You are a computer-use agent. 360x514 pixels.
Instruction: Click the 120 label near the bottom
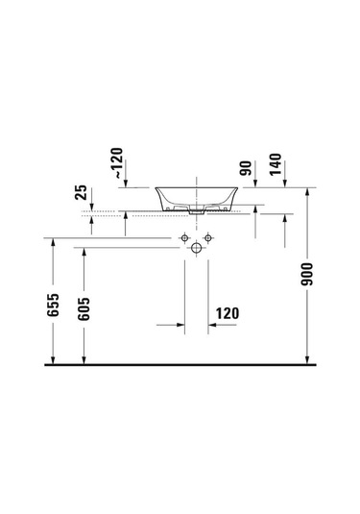pos(228,313)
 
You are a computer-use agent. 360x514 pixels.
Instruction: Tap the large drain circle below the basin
pos(196,247)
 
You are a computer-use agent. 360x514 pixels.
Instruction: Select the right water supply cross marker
pos(206,237)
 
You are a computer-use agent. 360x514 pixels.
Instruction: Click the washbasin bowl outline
pos(197,198)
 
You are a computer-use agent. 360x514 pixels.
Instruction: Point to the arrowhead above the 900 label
pos(307,193)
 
